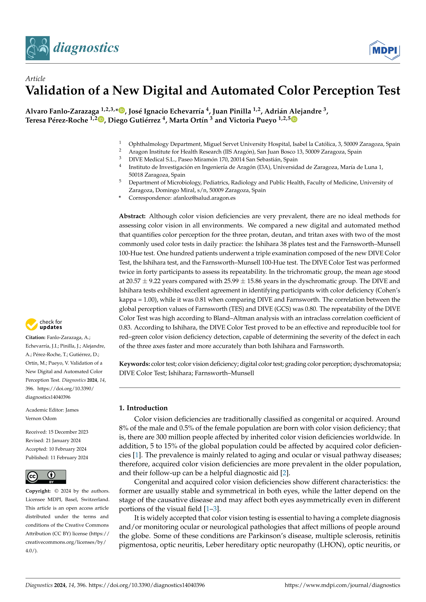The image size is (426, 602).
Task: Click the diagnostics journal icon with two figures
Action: point(37,48)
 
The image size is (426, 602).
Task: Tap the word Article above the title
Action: point(35,79)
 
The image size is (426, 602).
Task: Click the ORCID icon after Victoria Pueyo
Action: point(294,120)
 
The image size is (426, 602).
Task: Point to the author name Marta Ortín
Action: point(188,120)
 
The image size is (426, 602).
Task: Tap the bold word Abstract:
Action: point(132,216)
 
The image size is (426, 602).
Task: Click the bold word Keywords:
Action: point(134,364)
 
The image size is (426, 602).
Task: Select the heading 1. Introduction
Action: point(143,408)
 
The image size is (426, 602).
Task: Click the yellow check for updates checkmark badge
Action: point(31,324)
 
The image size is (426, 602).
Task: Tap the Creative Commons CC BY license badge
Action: point(46,477)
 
